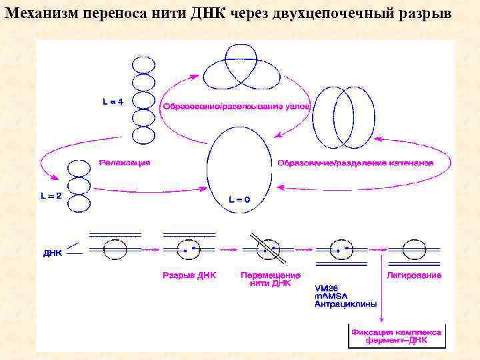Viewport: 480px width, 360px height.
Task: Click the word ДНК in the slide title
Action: pyautogui.click(x=211, y=14)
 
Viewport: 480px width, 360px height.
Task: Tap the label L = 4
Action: pyautogui.click(x=112, y=102)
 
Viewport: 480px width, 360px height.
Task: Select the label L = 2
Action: pyautogui.click(x=49, y=197)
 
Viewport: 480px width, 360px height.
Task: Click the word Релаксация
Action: pyautogui.click(x=125, y=162)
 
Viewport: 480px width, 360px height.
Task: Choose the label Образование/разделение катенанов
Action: pyautogui.click(x=355, y=163)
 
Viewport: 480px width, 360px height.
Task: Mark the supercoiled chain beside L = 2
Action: pyautogui.click(x=78, y=185)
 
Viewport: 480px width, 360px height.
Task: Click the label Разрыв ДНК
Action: pyautogui.click(x=189, y=275)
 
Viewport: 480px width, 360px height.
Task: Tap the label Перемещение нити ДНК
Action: pyautogui.click(x=270, y=279)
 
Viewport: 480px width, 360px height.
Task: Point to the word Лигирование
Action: pyautogui.click(x=413, y=275)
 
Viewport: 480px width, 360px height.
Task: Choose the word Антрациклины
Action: pyautogui.click(x=345, y=303)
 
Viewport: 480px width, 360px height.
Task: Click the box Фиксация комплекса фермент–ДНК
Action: pyautogui.click(x=396, y=335)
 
